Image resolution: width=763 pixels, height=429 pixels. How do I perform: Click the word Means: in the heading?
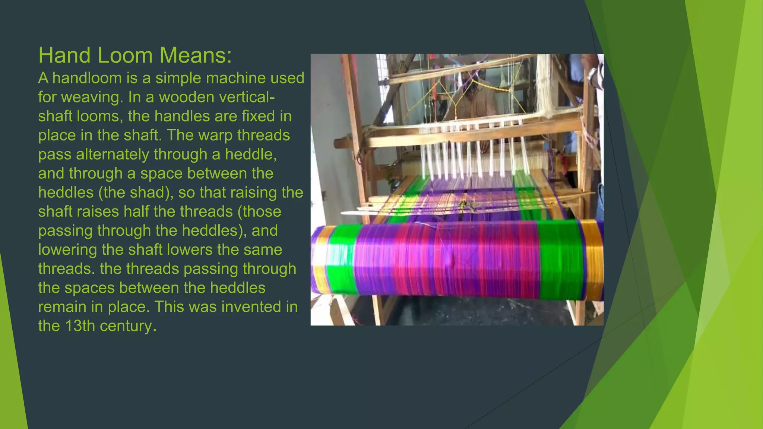coord(196,55)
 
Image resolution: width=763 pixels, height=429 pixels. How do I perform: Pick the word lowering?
coord(67,250)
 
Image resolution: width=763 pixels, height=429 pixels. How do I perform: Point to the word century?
coord(126,326)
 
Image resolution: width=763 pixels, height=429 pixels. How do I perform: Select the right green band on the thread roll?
coord(559,259)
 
